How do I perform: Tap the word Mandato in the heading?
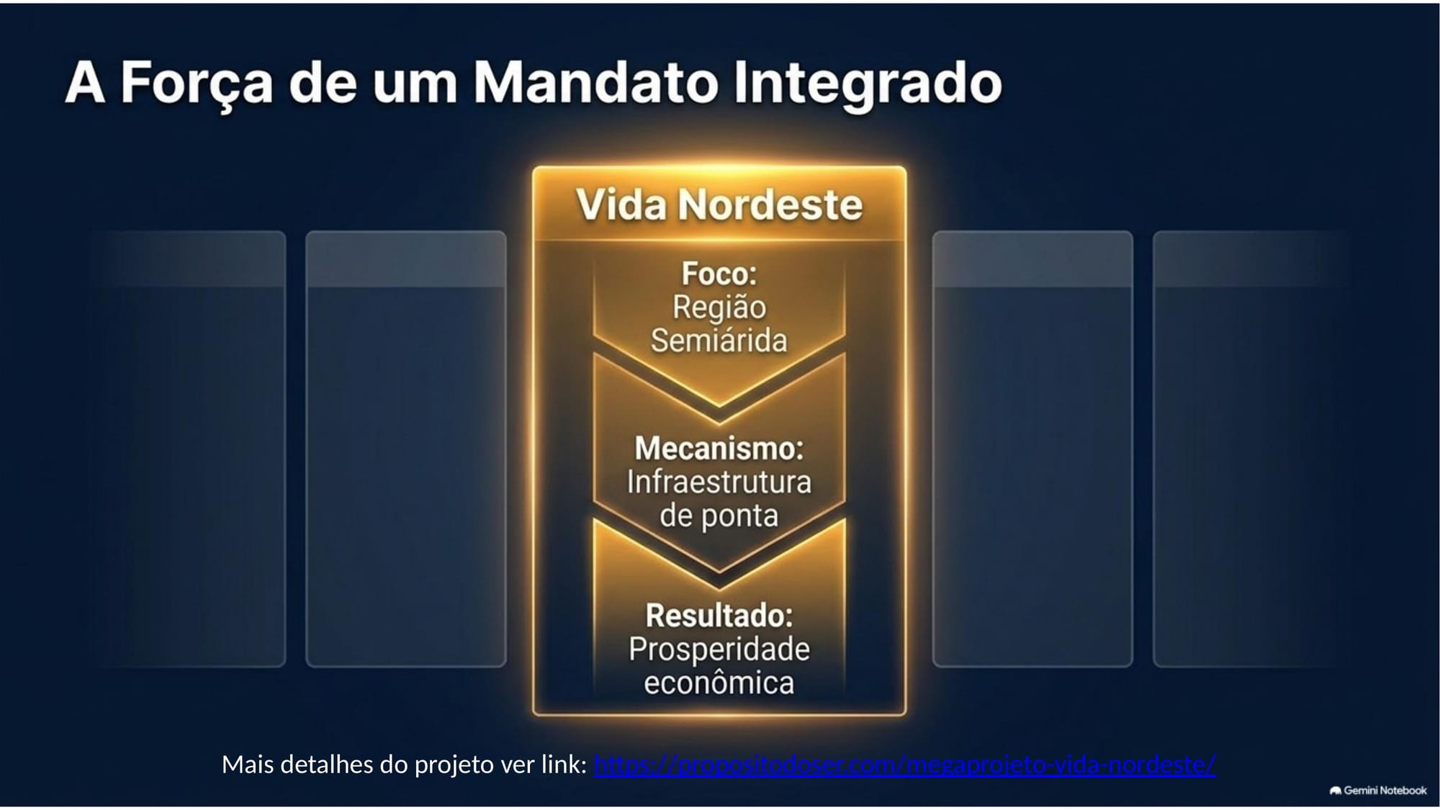click(595, 81)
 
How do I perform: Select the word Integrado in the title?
click(868, 85)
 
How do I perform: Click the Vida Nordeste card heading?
click(719, 204)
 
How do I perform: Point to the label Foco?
click(719, 274)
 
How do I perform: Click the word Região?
click(719, 308)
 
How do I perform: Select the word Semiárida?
click(719, 341)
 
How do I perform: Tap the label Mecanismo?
click(719, 449)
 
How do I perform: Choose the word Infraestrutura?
click(719, 482)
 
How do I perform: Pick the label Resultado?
click(719, 616)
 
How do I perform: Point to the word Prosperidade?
click(719, 650)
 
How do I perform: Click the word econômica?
click(719, 682)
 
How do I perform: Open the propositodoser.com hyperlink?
click(905, 765)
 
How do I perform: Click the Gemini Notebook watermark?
click(1378, 791)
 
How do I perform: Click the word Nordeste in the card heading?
click(770, 204)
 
